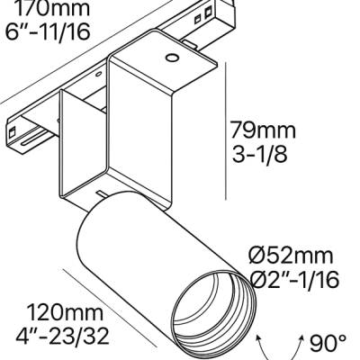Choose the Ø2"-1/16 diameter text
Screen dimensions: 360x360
coord(293,281)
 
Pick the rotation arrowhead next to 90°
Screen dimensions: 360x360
coord(300,339)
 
